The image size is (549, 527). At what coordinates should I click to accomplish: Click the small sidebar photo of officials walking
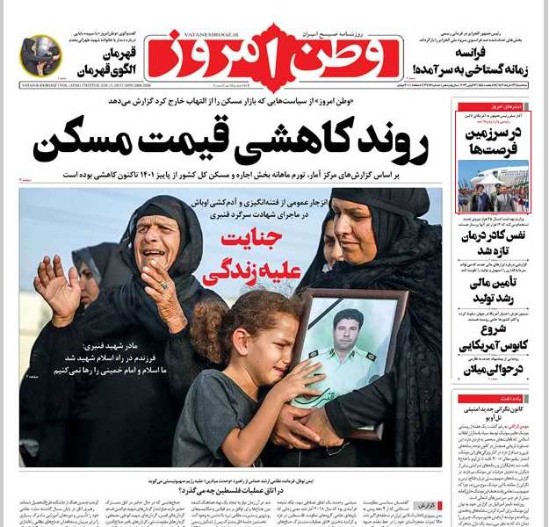(495, 186)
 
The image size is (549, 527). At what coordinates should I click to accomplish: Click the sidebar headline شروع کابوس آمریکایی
(495, 338)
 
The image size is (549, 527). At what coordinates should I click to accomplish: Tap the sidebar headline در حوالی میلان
(495, 372)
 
